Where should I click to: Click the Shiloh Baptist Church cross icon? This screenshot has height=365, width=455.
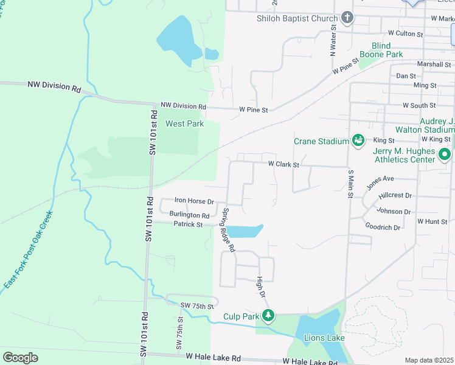pyautogui.click(x=347, y=18)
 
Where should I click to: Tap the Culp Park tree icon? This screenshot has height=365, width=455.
pyautogui.click(x=268, y=315)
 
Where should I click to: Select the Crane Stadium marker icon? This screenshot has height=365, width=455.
pyautogui.click(x=358, y=141)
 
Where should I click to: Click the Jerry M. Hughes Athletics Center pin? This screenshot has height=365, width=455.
pyautogui.click(x=445, y=155)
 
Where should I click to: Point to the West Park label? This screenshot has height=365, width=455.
pyautogui.click(x=184, y=123)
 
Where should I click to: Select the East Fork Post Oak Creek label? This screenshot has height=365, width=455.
pyautogui.click(x=28, y=250)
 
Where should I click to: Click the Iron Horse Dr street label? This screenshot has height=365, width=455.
pyautogui.click(x=194, y=200)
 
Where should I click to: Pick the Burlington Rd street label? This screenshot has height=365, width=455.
pyautogui.click(x=189, y=215)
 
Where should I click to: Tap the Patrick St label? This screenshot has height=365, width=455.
pyautogui.click(x=187, y=224)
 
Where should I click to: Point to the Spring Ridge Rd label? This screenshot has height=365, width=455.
pyautogui.click(x=227, y=230)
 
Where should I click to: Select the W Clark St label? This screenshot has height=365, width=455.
pyautogui.click(x=283, y=164)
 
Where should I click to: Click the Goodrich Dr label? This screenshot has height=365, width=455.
pyautogui.click(x=383, y=227)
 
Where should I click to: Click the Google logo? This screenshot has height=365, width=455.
pyautogui.click(x=20, y=357)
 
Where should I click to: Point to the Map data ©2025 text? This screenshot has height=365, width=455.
pyautogui.click(x=429, y=360)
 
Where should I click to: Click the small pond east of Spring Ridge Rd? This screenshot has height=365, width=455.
pyautogui.click(x=246, y=231)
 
